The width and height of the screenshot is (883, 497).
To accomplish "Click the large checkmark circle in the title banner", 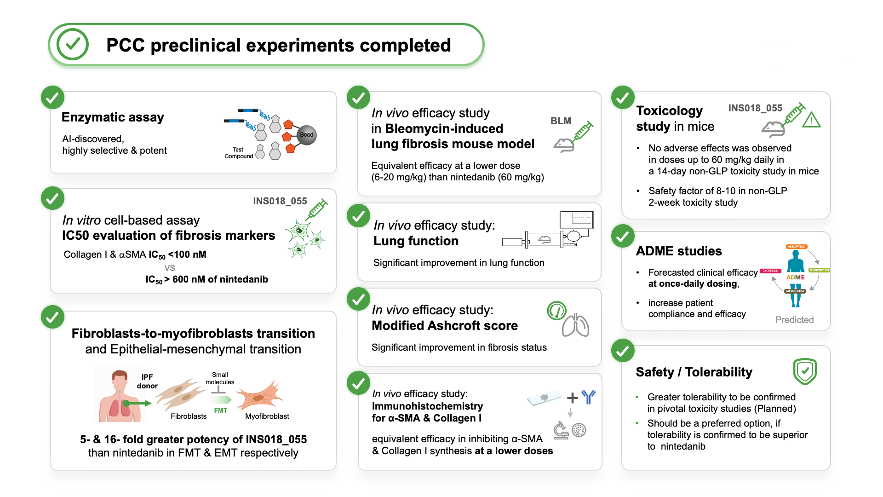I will pyautogui.click(x=73, y=44).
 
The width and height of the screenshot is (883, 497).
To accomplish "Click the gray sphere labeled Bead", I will pyautogui.click(x=307, y=135).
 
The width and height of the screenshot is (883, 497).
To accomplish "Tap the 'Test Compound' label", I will pyautogui.click(x=238, y=153).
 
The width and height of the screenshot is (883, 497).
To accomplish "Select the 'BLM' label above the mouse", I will pyautogui.click(x=561, y=121).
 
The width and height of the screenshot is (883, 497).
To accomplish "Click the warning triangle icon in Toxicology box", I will pyautogui.click(x=811, y=120).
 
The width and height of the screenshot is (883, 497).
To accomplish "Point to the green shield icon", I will pyautogui.click(x=805, y=371).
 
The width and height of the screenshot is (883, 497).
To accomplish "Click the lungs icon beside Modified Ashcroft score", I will pyautogui.click(x=575, y=325).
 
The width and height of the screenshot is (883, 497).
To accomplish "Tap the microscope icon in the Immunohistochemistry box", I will pyautogui.click(x=561, y=430).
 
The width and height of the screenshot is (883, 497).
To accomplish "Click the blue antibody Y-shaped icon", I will pyautogui.click(x=588, y=397).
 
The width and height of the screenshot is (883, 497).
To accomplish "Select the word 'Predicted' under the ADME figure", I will pyautogui.click(x=794, y=320).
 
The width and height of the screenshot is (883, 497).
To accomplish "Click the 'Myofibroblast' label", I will pyautogui.click(x=267, y=416).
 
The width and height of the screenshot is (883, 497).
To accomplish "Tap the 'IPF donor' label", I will pyautogui.click(x=147, y=381).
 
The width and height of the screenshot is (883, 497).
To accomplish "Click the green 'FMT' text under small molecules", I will pyautogui.click(x=221, y=410).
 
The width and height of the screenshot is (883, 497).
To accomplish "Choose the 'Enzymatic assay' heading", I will pyautogui.click(x=113, y=117).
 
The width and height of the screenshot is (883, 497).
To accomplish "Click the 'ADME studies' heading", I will pyautogui.click(x=679, y=251).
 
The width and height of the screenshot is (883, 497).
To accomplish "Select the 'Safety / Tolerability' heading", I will pyautogui.click(x=694, y=372).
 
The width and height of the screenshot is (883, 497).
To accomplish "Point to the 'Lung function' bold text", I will pyautogui.click(x=416, y=241).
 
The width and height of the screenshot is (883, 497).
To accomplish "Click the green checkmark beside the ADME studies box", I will pyautogui.click(x=623, y=236).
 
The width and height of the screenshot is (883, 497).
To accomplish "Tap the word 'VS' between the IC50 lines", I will pyautogui.click(x=170, y=268).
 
